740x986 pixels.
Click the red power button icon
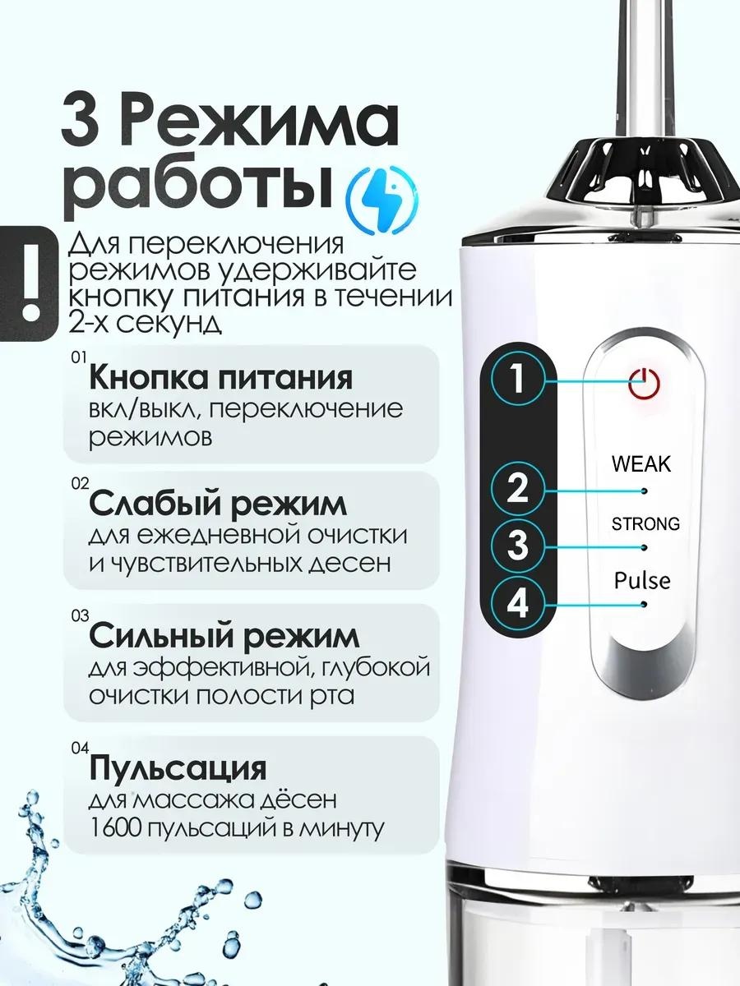coord(644,383)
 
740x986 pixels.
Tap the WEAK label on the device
coord(641,464)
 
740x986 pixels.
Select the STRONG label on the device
coord(645,523)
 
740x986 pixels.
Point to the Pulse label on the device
coord(642,580)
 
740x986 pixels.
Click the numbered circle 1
coord(518,378)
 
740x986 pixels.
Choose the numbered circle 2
coord(518,489)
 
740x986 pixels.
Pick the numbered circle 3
coord(518,545)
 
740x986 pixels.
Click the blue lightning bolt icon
coord(381,200)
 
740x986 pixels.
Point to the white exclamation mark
coord(31,283)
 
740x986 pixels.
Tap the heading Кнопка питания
coord(220,379)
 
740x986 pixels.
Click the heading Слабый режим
coord(218,505)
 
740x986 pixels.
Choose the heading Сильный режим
coord(224,637)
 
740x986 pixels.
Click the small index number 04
coord(80,748)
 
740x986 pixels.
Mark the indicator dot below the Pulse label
coord(644,604)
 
